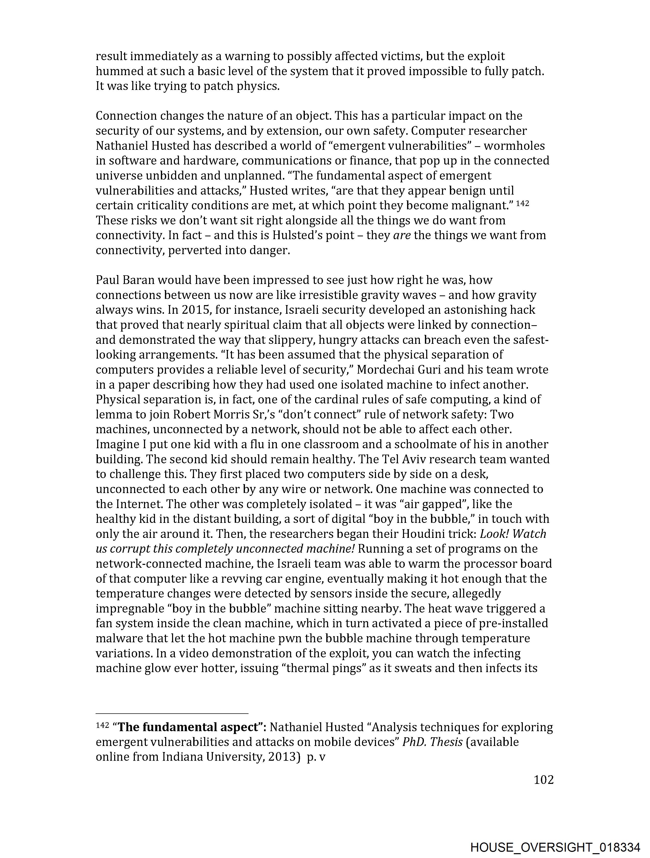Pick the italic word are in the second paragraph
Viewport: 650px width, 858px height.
click(402, 235)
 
